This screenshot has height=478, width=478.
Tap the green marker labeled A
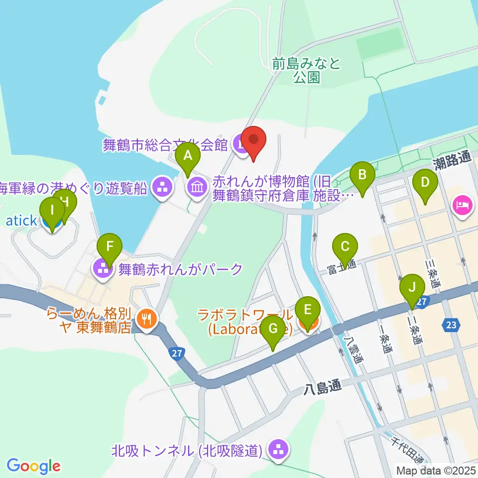(x=188, y=156)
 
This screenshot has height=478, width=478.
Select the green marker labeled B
(x=362, y=175)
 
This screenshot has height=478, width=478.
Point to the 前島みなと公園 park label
(x=306, y=70)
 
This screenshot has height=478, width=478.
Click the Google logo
(x=33, y=466)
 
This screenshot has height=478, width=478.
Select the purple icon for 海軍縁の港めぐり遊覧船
(x=163, y=188)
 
